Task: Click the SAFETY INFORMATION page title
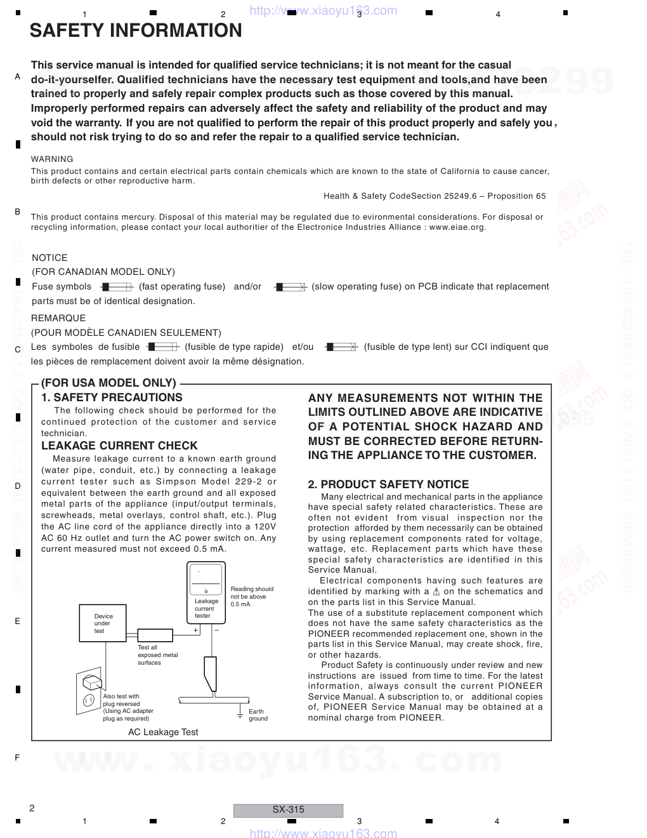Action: [x=136, y=30]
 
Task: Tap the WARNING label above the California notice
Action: [x=52, y=159]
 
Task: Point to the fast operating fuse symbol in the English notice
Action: [x=116, y=287]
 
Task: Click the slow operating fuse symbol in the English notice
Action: [x=291, y=287]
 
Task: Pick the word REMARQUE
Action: [x=58, y=318]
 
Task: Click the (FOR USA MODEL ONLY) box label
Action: [x=108, y=383]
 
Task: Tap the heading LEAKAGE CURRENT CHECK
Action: [x=119, y=446]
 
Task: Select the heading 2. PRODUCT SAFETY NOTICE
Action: [x=388, y=484]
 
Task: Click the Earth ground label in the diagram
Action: [x=258, y=715]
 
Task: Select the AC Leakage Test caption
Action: [x=163, y=732]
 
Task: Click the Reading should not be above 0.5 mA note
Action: [x=251, y=597]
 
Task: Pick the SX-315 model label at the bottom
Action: [x=288, y=809]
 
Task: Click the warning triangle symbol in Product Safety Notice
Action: [x=436, y=592]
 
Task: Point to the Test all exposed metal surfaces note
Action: [x=157, y=655]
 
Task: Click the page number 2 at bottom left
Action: [x=32, y=808]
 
